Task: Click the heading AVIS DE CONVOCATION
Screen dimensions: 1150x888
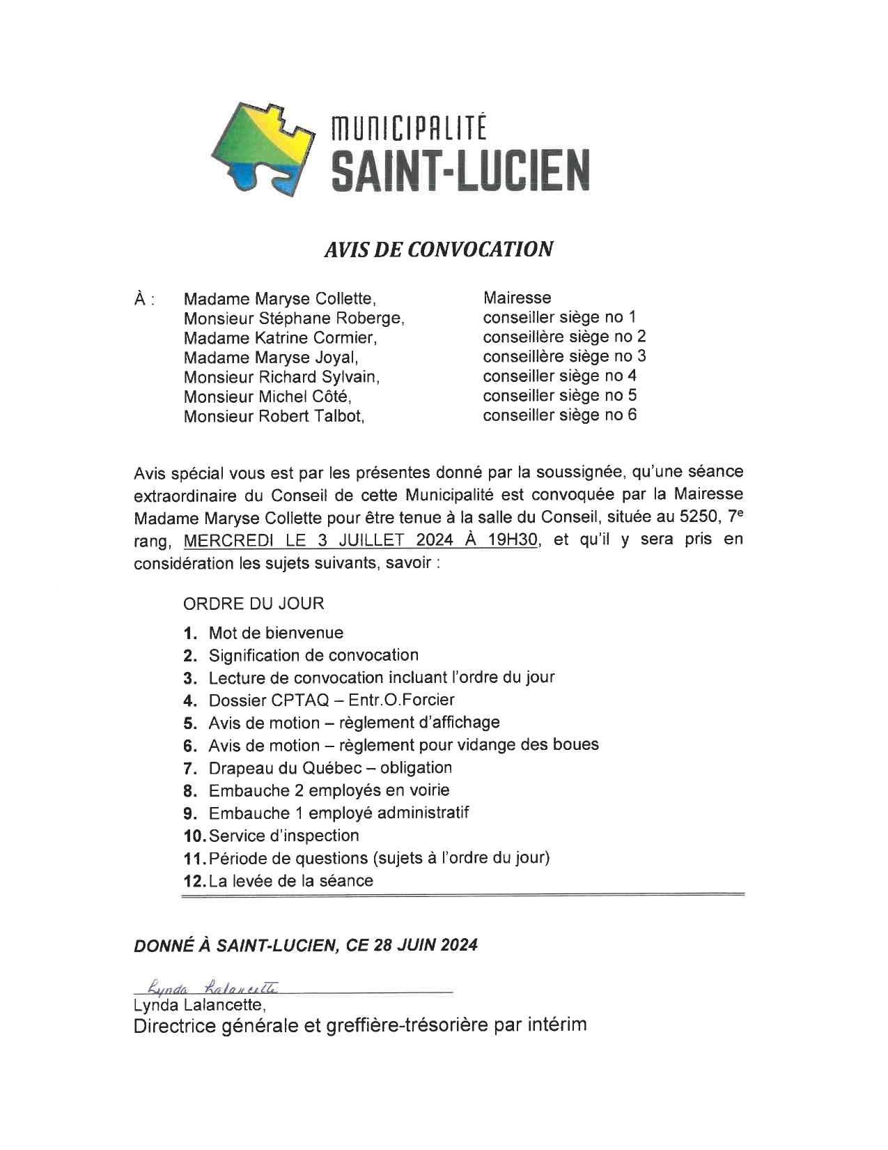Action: coord(438,249)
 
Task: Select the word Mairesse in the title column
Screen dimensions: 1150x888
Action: coord(517,298)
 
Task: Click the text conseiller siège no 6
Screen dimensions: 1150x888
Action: coord(560,415)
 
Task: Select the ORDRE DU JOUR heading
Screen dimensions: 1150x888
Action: coord(254,603)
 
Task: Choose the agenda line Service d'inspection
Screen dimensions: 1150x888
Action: coord(283,836)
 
